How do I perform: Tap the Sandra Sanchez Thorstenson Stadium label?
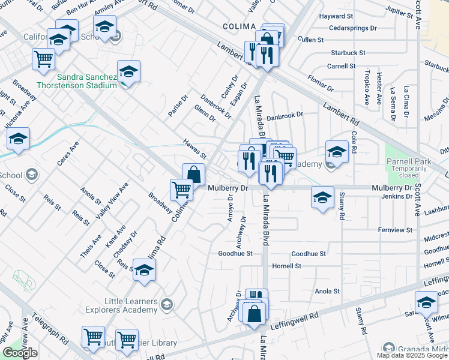click(x=87, y=81)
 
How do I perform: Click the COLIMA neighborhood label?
click(x=240, y=26)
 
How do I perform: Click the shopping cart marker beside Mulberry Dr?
click(x=181, y=190)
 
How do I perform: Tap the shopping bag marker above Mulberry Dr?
click(x=193, y=174)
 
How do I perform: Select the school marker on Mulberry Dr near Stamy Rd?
click(x=322, y=197)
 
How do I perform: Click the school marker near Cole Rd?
click(x=337, y=151)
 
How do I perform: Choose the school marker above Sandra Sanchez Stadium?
click(x=128, y=71)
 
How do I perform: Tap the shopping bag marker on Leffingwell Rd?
click(x=255, y=313)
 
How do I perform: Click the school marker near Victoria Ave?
click(x=19, y=139)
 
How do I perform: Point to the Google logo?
click(x=20, y=353)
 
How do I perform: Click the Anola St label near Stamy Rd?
click(x=328, y=291)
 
